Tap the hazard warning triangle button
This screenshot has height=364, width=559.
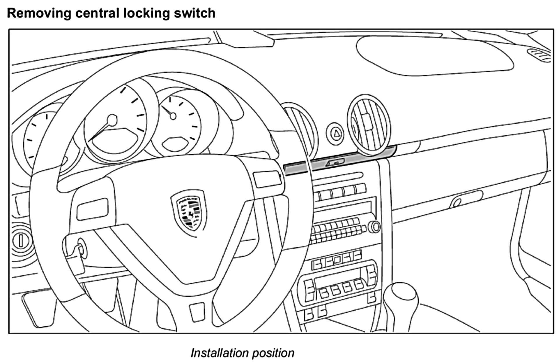pyautogui.click(x=335, y=133)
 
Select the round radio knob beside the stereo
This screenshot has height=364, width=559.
pyautogui.click(x=374, y=227)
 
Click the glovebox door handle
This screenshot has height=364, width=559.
pyautogui.click(x=457, y=202)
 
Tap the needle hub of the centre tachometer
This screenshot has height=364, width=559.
pyautogui.click(x=112, y=120)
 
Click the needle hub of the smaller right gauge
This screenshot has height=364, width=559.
pyautogui.click(x=173, y=116)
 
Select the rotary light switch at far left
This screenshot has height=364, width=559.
pyautogui.click(x=20, y=241)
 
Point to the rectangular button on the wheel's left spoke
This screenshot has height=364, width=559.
pyautogui.click(x=92, y=209)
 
